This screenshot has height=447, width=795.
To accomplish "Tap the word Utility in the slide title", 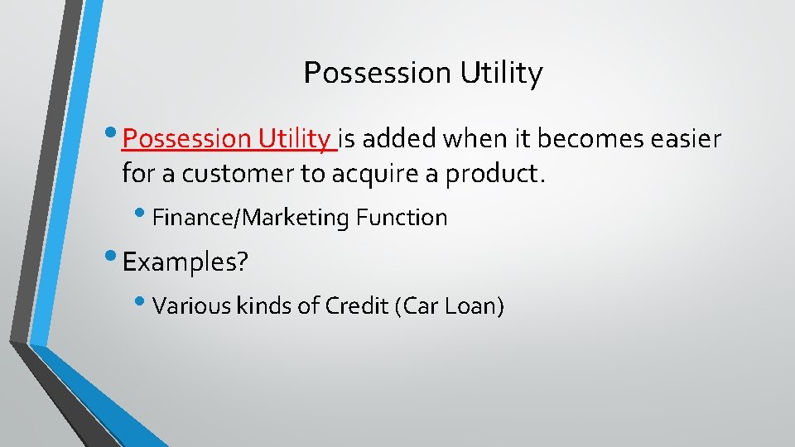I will coord(502,74).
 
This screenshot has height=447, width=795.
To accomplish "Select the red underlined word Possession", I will coord(184,138).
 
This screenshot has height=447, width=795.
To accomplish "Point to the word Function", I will coord(402,218).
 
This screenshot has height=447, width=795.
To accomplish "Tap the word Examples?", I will coord(185,262).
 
